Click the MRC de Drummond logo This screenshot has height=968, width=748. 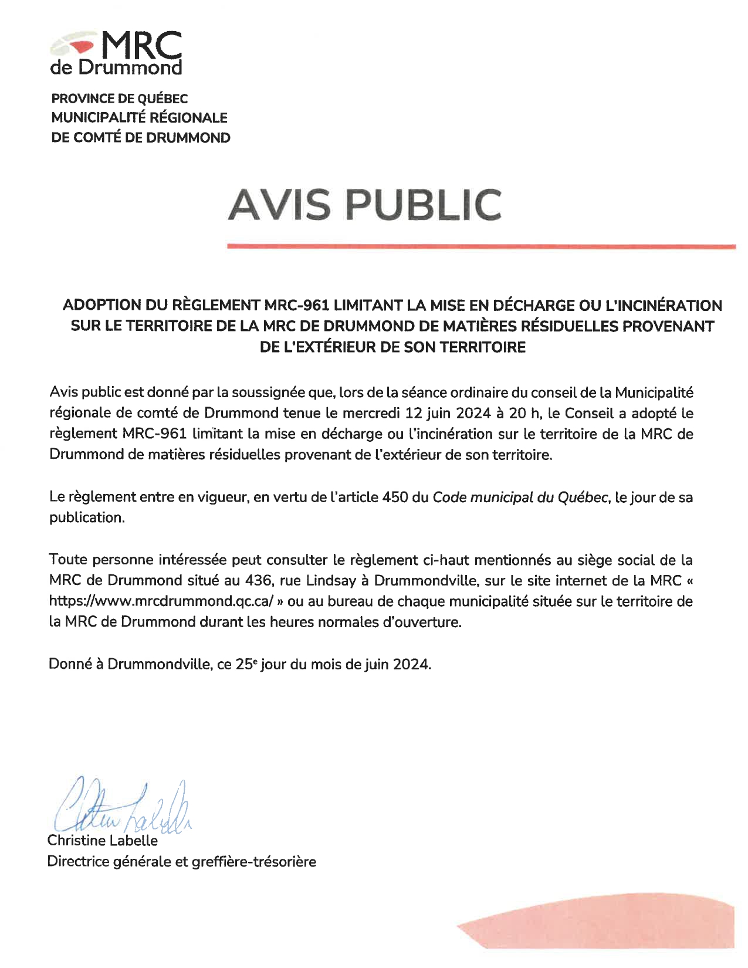click(x=116, y=53)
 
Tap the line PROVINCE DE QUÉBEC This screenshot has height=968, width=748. click(x=120, y=99)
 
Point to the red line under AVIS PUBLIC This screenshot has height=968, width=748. click(x=481, y=247)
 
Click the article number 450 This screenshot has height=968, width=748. click(x=395, y=497)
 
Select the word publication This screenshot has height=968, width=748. click(x=87, y=517)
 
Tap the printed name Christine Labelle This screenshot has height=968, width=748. click(x=103, y=841)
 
